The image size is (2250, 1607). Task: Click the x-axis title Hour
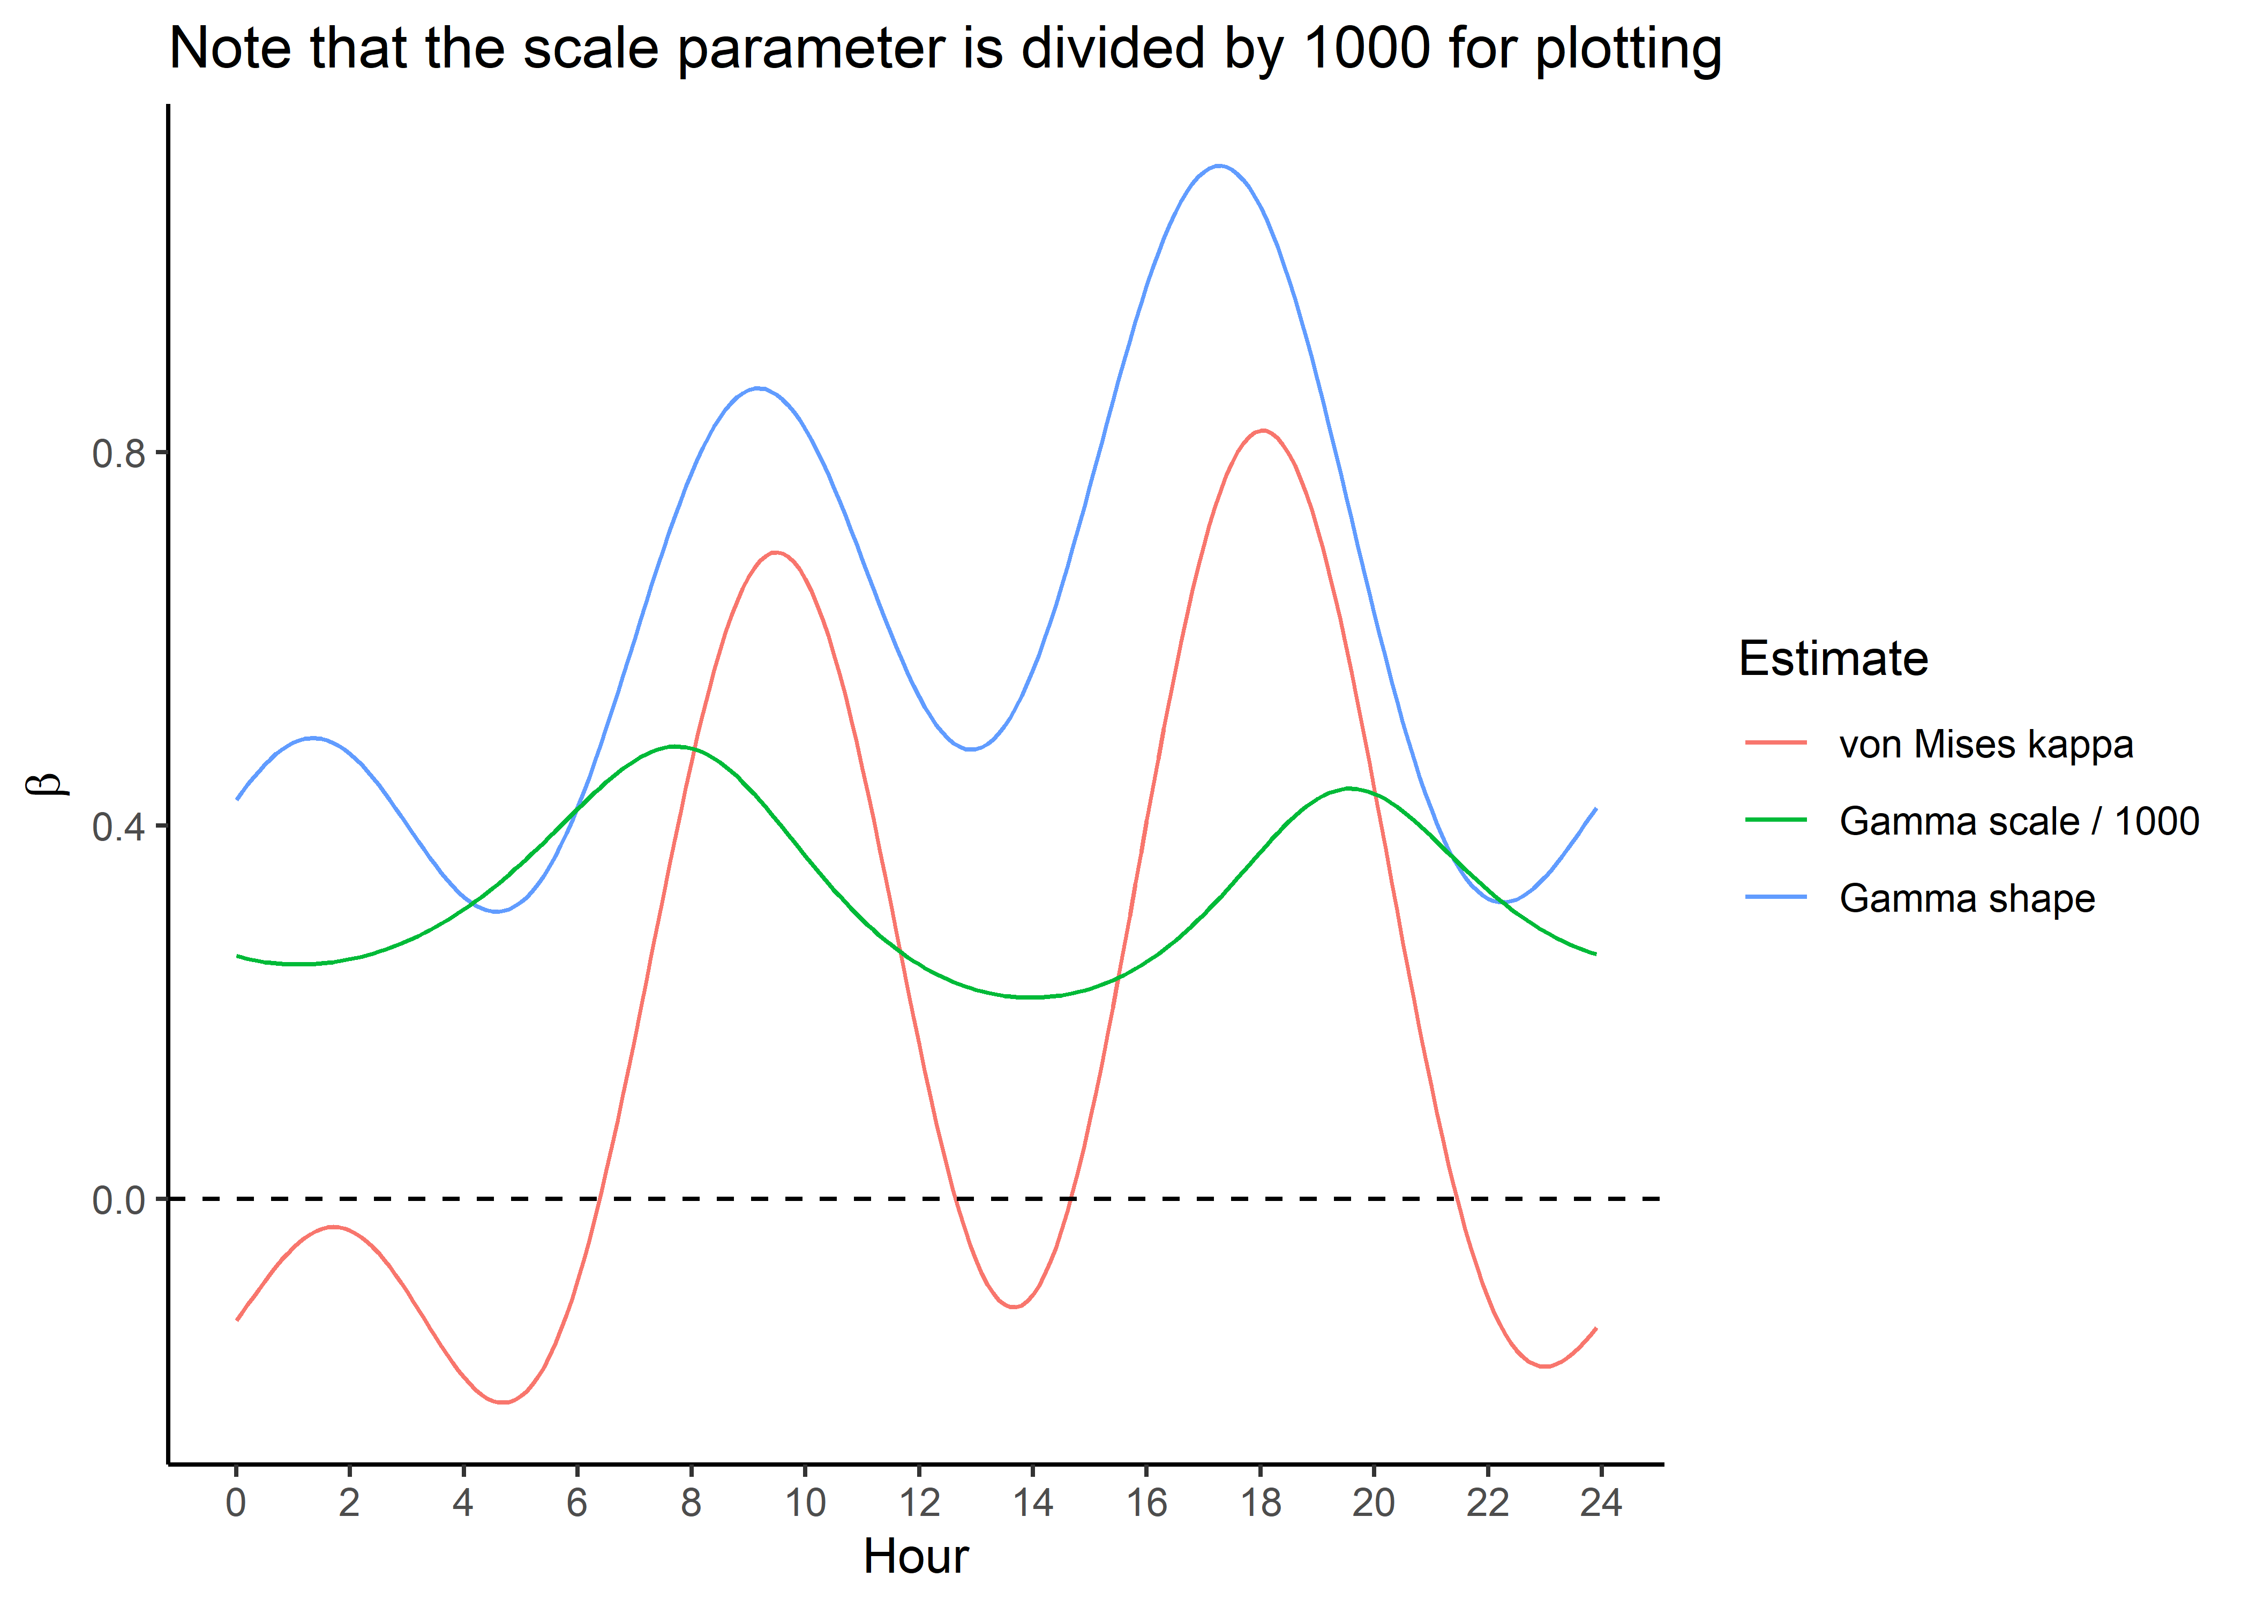915,1557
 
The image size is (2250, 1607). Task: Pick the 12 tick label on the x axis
919,1502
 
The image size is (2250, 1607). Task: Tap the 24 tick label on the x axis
1601,1502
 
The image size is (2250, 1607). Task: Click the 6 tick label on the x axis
577,1502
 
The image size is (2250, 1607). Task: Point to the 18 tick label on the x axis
1261,1502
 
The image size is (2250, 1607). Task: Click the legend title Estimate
1833,658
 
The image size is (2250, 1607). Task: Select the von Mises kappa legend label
1986,744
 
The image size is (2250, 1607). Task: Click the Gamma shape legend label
1967,898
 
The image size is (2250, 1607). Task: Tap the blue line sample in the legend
1776,897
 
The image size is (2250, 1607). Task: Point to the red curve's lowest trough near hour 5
504,1402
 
